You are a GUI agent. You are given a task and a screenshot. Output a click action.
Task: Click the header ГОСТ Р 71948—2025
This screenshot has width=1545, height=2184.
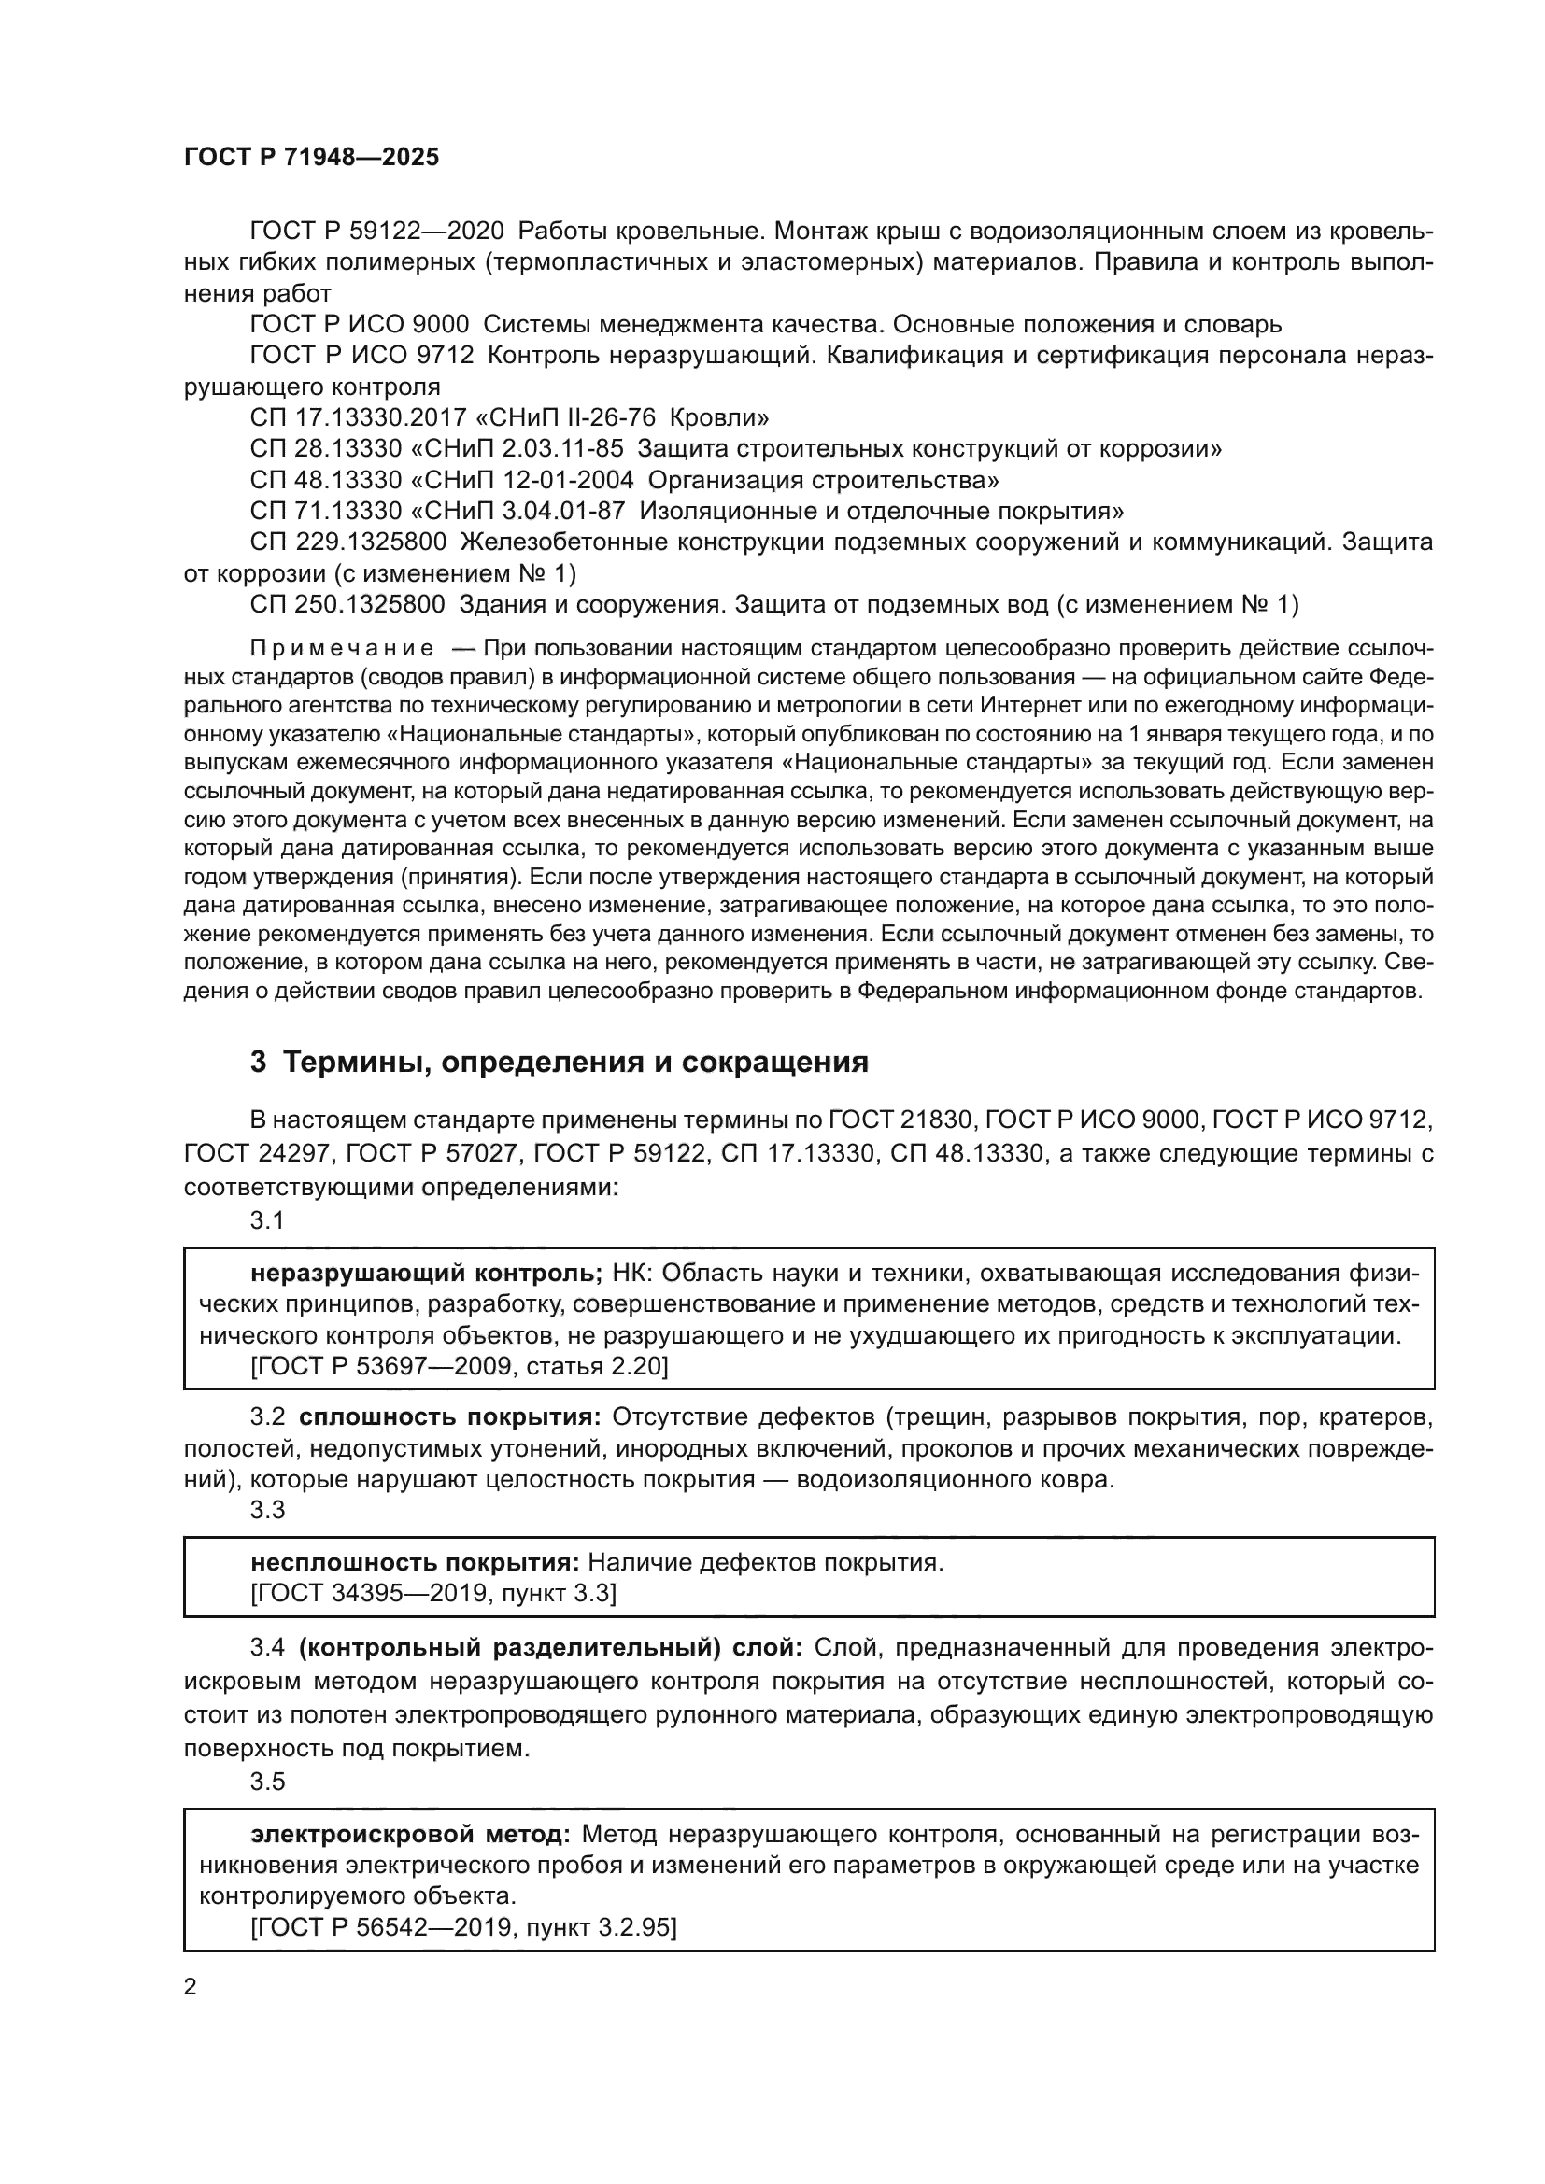pos(311,158)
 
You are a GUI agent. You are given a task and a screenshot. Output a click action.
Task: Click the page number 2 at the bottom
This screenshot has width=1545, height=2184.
pos(191,1986)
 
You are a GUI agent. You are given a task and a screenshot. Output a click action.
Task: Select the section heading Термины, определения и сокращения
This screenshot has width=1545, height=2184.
pos(560,1062)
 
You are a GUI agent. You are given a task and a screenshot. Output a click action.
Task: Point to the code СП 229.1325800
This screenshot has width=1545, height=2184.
pos(348,542)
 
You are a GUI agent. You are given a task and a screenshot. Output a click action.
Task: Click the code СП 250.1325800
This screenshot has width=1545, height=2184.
pos(348,604)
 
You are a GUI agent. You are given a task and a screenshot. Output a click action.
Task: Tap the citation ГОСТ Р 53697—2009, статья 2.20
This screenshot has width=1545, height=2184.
pos(460,1367)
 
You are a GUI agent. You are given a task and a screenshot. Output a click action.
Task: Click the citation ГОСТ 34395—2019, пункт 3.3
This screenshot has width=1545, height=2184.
pos(432,1592)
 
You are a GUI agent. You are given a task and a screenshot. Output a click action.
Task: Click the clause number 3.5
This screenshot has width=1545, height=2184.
pos(267,1781)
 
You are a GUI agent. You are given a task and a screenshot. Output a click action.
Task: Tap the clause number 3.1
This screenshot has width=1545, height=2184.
pos(267,1220)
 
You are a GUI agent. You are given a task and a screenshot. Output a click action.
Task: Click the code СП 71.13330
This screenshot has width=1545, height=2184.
pos(326,511)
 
